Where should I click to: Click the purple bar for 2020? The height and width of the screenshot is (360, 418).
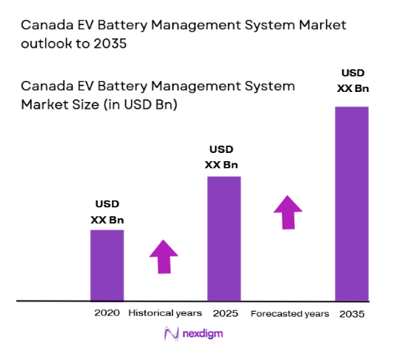[x=107, y=264]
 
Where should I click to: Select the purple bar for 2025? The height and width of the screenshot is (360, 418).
[x=223, y=238]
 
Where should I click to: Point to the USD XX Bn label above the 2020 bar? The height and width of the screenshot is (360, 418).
[x=107, y=211]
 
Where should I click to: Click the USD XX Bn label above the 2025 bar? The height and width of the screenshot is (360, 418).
[x=223, y=157]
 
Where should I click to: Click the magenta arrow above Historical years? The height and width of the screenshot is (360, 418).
[x=164, y=256]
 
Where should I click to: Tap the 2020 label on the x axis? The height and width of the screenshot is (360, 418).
[x=106, y=313]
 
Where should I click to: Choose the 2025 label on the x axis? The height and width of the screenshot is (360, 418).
[x=224, y=313]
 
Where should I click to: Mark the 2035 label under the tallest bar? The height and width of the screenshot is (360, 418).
[x=352, y=314]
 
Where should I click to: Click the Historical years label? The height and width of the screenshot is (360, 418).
[x=165, y=313]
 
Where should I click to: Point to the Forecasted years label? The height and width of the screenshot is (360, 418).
[x=289, y=313]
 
